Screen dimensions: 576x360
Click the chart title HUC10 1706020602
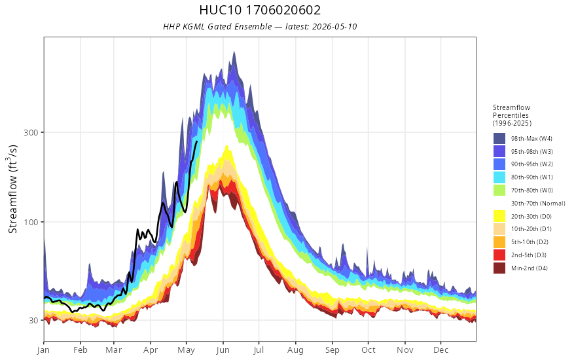pyautogui.click(x=260, y=10)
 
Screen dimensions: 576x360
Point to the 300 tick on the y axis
pyautogui.click(x=31, y=132)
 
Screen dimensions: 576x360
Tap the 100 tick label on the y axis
pyautogui.click(x=31, y=222)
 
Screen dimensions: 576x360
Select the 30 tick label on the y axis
pyautogui.click(x=33, y=320)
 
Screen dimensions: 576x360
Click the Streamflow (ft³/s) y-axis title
pyautogui.click(x=13, y=189)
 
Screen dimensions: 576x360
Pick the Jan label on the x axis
pyautogui.click(x=43, y=350)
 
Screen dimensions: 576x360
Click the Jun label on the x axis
pyautogui.click(x=223, y=350)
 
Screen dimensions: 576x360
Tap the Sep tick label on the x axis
pyautogui.click(x=332, y=350)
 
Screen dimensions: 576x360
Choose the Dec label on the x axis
pyautogui.click(x=441, y=350)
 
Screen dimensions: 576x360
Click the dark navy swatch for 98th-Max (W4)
pyautogui.click(x=499, y=139)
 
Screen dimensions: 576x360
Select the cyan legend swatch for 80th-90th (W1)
pyautogui.click(x=499, y=177)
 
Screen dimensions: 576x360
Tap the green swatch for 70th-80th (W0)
pyautogui.click(x=499, y=190)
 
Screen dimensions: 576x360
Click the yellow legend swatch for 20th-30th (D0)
pyautogui.click(x=499, y=216)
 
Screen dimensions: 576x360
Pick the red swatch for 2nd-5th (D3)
pyautogui.click(x=499, y=255)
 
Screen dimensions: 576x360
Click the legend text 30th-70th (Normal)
pyautogui.click(x=538, y=203)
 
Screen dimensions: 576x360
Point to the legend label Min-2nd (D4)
pyautogui.click(x=530, y=268)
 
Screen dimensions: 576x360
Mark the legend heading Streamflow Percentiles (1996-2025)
pyautogui.click(x=512, y=115)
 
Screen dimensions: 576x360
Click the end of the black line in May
pyautogui.click(x=197, y=141)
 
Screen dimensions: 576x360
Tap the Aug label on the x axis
pyautogui.click(x=295, y=350)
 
